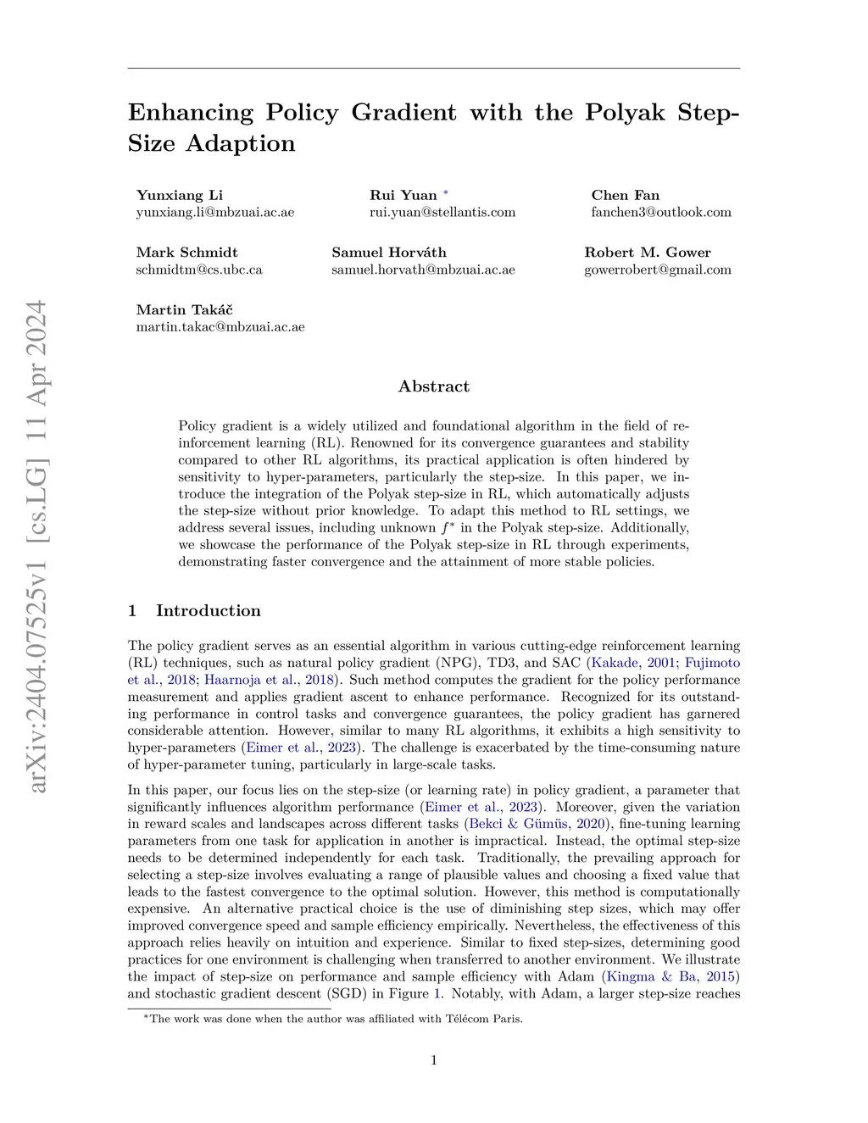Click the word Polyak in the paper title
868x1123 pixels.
tap(625, 113)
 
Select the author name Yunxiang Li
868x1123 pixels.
tap(180, 195)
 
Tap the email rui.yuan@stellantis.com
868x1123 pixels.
tap(442, 212)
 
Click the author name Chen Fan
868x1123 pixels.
tap(626, 195)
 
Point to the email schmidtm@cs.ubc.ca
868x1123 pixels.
tap(199, 270)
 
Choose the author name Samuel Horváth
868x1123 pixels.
tap(389, 253)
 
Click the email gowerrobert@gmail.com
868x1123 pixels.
tap(658, 270)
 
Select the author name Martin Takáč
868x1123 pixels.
tap(185, 310)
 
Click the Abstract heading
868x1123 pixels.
tap(434, 386)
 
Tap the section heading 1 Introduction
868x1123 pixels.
tap(195, 611)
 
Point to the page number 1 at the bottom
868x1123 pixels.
tap(434, 1060)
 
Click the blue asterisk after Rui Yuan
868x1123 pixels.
tap(446, 194)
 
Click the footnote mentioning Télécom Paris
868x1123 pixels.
tap(334, 1019)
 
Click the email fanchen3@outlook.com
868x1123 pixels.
tap(661, 212)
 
